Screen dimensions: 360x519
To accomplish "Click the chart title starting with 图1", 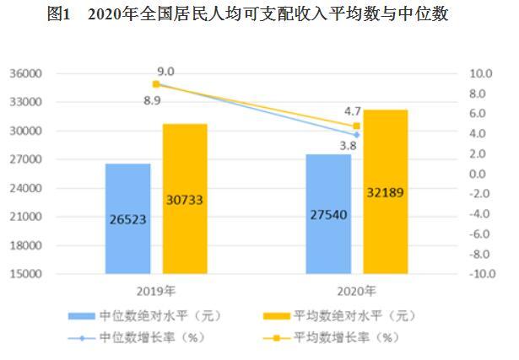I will (x=259, y=15).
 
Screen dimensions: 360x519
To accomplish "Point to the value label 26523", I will (x=128, y=219).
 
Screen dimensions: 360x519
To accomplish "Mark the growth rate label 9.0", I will (x=165, y=72).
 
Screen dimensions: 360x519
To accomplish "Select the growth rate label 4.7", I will (x=353, y=110).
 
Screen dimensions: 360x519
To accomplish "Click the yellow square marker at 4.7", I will (x=356, y=126).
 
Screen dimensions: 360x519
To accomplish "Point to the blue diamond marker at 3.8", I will (x=356, y=135).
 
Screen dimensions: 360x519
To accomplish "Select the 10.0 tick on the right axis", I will (x=479, y=74).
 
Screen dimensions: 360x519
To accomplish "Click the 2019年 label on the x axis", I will (x=156, y=291).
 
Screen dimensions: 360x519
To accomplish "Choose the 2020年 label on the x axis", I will (x=356, y=291).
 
